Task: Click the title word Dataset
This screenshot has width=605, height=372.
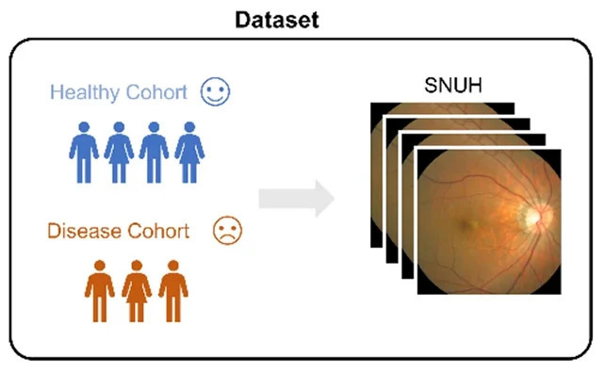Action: [x=277, y=20]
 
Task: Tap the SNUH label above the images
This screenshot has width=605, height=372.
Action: [x=453, y=85]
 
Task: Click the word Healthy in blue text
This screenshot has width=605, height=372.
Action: [x=85, y=92]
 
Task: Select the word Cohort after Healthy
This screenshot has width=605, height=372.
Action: [x=156, y=91]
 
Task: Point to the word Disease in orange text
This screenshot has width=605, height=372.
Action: [x=84, y=231]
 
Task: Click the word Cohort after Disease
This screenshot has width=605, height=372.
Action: [x=158, y=231]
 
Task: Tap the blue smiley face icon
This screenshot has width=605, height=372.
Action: [x=215, y=91]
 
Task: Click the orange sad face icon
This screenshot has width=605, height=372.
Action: [x=228, y=230]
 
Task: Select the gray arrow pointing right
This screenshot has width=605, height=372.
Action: [x=296, y=198]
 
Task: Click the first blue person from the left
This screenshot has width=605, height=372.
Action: [x=84, y=153]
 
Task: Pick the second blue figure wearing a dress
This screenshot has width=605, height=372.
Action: [x=119, y=153]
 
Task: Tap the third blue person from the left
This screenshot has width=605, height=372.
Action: [x=154, y=153]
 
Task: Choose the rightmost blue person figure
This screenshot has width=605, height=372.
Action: [x=189, y=153]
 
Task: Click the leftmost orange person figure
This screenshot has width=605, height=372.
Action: [x=100, y=291]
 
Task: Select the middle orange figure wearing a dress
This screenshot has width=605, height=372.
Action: [x=137, y=291]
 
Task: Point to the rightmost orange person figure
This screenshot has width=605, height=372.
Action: [x=173, y=291]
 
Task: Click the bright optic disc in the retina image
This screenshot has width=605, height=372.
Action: [x=533, y=216]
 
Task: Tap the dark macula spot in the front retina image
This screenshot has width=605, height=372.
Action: [x=465, y=224]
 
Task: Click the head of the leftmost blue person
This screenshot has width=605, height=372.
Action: [x=84, y=127]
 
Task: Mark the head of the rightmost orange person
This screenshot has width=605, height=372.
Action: [x=173, y=266]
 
